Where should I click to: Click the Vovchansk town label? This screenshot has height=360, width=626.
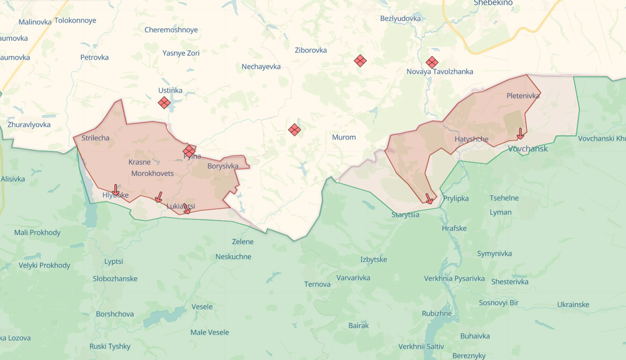click(527, 148)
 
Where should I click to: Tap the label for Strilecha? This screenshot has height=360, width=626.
click(95, 138)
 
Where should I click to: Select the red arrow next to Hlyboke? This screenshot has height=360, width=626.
click(115, 190)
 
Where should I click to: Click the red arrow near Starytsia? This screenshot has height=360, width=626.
click(429, 199)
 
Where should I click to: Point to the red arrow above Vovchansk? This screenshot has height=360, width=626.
click(520, 133)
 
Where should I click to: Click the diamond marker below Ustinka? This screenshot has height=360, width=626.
click(164, 103)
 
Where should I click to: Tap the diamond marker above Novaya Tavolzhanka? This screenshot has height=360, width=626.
click(432, 62)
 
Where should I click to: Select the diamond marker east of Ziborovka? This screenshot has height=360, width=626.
click(360, 61)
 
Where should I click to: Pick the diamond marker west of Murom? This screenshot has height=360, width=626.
click(295, 130)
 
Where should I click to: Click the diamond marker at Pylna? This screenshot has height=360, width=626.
click(189, 151)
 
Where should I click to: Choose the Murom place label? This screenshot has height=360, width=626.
click(344, 137)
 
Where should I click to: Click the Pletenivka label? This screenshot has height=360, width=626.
click(523, 95)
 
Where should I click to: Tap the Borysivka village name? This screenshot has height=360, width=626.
click(223, 166)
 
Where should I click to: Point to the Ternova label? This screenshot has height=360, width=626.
click(317, 284)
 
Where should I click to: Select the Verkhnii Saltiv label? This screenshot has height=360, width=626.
click(421, 346)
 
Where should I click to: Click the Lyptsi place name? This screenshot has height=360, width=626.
click(114, 261)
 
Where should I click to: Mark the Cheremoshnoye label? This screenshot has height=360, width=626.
click(171, 30)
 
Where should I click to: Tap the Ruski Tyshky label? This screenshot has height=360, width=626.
click(110, 346)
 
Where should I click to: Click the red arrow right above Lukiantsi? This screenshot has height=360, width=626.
click(186, 208)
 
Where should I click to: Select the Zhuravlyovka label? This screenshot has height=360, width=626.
click(29, 125)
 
